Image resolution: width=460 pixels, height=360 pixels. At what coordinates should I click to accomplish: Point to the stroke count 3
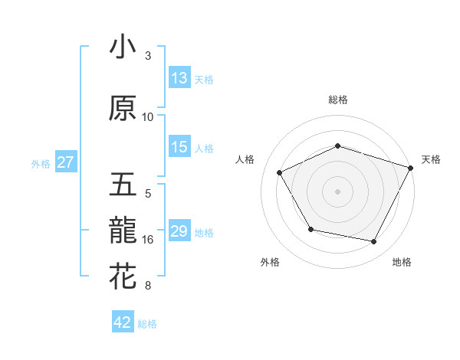(x=147, y=56)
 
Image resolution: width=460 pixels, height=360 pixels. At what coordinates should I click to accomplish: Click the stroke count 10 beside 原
(x=148, y=117)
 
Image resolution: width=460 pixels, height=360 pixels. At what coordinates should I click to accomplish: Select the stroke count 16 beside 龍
(x=148, y=240)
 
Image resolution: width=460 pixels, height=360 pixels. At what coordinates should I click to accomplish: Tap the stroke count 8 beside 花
(x=147, y=286)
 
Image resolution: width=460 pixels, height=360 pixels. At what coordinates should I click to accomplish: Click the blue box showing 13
(x=179, y=78)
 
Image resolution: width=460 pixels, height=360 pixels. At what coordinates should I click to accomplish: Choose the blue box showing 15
(x=179, y=148)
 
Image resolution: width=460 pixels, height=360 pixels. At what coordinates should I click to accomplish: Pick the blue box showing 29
(x=179, y=231)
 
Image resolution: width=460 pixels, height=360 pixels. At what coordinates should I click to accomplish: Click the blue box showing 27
(x=66, y=162)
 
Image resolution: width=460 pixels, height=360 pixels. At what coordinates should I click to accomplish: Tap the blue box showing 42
(x=122, y=322)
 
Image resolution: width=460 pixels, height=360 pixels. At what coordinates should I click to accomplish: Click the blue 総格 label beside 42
(x=147, y=324)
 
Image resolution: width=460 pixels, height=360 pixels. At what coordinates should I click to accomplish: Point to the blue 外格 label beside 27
(x=41, y=164)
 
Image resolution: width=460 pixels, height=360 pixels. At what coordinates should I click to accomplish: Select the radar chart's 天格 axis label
(x=432, y=159)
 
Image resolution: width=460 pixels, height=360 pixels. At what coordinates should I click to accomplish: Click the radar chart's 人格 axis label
(x=245, y=159)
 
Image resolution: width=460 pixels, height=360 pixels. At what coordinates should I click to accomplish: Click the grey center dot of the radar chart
(x=337, y=191)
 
